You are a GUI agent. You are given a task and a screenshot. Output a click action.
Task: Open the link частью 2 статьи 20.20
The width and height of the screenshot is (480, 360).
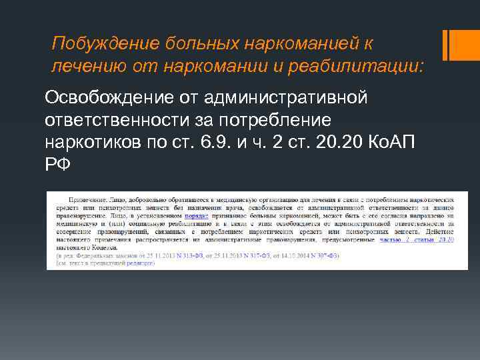pyautogui.click(x=417, y=238)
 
